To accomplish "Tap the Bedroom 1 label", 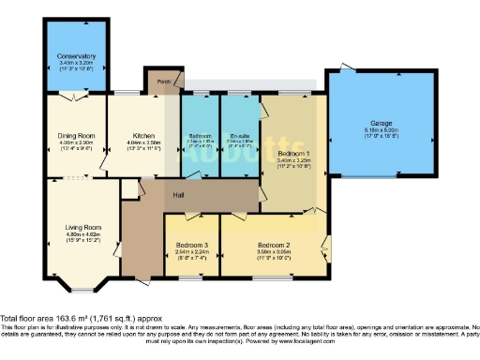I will [x=293, y=152].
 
